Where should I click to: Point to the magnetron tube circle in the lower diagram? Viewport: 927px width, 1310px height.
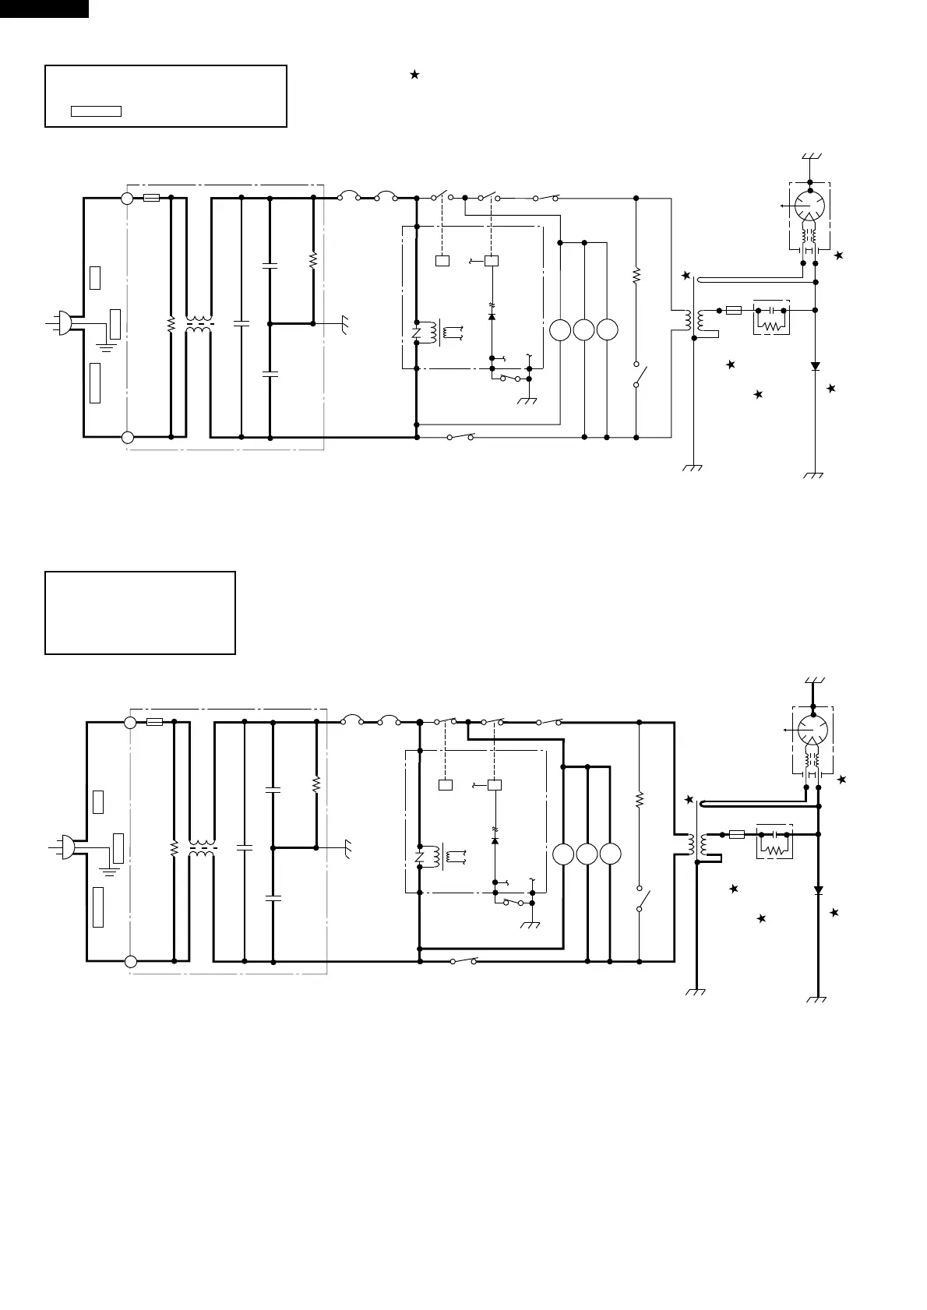point(812,730)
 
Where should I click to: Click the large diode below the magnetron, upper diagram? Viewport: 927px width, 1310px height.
point(815,365)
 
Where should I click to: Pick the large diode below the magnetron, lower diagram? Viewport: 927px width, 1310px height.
point(818,889)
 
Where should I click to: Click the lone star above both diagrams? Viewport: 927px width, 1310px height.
point(414,74)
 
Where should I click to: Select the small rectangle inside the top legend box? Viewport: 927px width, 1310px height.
point(96,111)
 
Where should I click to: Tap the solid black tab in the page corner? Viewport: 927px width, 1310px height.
point(44,9)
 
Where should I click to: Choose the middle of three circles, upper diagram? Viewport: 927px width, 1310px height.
point(583,330)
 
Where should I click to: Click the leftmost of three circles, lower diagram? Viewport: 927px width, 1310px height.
point(563,854)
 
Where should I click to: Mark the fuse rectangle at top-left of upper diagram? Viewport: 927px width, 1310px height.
point(152,198)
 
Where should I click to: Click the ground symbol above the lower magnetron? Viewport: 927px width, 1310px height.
point(812,681)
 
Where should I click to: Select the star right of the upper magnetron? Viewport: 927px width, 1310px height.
point(838,255)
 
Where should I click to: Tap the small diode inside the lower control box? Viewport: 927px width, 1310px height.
point(495,841)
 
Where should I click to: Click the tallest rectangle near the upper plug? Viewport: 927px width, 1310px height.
point(95,382)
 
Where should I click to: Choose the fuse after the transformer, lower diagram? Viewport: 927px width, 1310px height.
point(736,834)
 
